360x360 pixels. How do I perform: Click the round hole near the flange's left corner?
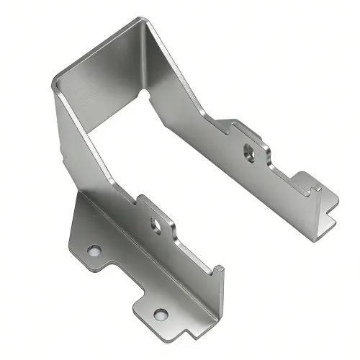tap(94, 251)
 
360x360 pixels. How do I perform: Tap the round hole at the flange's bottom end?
tap(160, 314)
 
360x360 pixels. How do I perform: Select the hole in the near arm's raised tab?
tap(155, 224)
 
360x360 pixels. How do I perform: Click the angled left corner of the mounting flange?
tap(72, 230)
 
